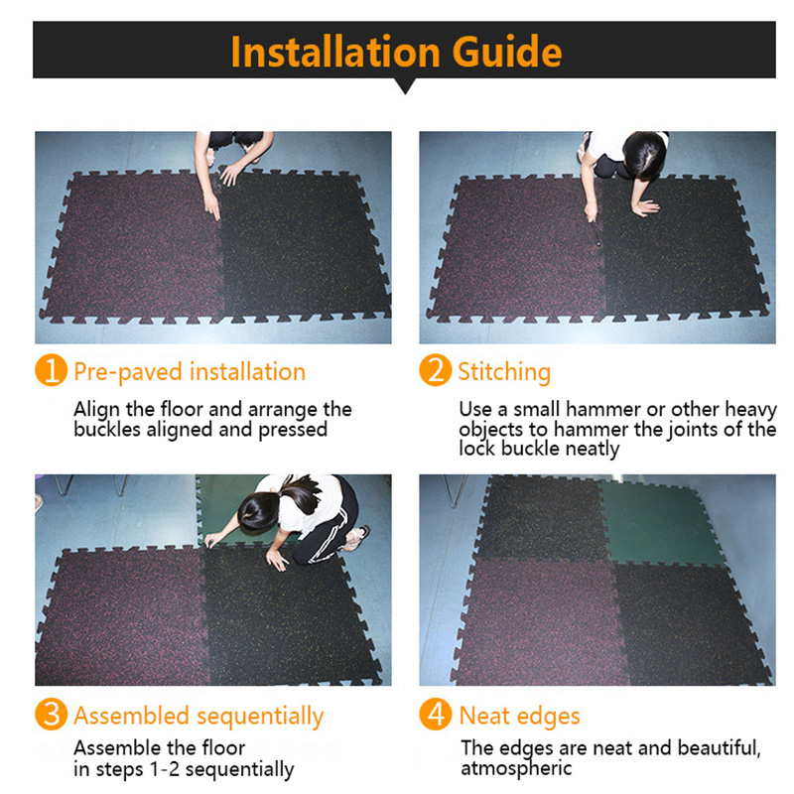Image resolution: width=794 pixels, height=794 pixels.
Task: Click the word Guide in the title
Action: tap(507, 52)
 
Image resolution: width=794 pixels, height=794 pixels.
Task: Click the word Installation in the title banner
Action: tap(335, 52)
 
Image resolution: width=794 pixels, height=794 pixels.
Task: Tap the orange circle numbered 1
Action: tap(52, 370)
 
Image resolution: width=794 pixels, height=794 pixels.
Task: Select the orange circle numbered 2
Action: tap(436, 370)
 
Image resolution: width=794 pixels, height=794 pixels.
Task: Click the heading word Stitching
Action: tap(504, 372)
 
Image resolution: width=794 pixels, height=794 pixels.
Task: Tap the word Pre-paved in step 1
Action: tap(128, 372)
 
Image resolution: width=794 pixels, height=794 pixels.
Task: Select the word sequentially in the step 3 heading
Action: tap(260, 717)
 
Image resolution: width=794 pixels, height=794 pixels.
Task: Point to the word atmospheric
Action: tap(516, 768)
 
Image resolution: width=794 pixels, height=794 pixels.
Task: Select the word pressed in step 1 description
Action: tap(293, 430)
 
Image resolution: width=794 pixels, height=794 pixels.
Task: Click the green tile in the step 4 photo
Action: tap(658, 523)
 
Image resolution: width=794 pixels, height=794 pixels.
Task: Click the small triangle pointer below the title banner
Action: tap(405, 85)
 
